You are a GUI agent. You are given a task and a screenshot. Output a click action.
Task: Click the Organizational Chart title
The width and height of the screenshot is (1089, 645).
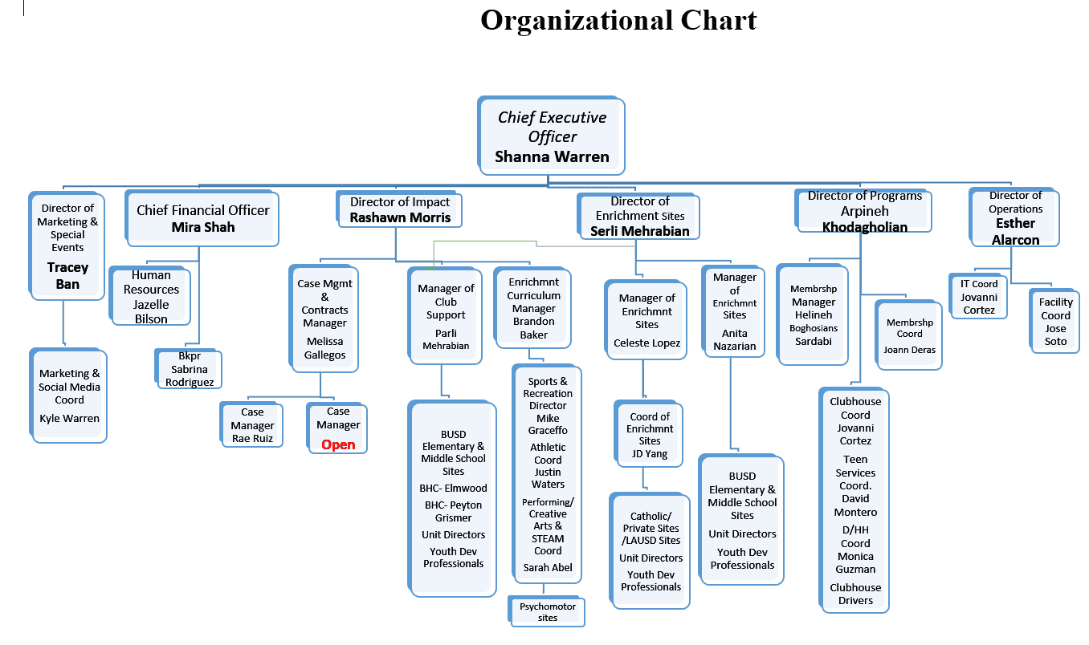[x=618, y=20]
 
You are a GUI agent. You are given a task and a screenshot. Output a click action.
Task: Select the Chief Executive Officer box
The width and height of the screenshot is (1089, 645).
[x=551, y=136]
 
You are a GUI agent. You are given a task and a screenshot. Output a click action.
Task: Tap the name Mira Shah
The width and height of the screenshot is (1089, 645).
[x=203, y=227]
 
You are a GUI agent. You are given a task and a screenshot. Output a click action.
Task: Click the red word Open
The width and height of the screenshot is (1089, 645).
[x=338, y=444]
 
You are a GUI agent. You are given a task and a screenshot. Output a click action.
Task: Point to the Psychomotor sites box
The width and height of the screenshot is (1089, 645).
[x=547, y=611]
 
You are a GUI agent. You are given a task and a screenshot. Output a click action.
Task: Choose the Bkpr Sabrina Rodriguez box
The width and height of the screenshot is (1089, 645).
[x=189, y=369]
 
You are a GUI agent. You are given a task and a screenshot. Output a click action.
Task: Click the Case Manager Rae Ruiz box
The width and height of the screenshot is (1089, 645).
[x=252, y=424]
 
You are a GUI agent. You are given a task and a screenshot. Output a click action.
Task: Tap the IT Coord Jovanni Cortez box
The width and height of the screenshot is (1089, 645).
[x=978, y=296]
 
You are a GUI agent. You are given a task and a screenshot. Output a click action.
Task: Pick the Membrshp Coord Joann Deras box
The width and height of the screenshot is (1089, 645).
[x=908, y=335]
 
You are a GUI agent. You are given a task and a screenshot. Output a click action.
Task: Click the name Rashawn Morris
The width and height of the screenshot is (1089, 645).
[x=400, y=217]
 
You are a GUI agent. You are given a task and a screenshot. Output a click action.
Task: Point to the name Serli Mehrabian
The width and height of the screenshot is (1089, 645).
[x=640, y=231]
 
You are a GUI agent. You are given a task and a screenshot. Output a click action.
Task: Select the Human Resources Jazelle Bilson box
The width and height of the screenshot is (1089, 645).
[x=150, y=296]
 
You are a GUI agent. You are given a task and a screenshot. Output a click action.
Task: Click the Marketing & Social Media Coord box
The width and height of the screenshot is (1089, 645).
[x=68, y=396]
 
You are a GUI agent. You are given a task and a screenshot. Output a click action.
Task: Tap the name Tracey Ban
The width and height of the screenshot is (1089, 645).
[x=67, y=276]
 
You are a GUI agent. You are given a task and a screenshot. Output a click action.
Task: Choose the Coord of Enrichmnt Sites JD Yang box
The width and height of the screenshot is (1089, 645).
[x=649, y=434]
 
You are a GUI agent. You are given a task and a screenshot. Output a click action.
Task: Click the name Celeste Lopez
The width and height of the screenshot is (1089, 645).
[x=646, y=343]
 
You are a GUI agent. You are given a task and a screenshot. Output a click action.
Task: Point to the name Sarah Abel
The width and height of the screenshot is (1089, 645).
[x=548, y=567]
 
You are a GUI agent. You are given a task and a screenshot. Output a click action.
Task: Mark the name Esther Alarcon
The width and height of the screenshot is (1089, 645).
[x=1015, y=232]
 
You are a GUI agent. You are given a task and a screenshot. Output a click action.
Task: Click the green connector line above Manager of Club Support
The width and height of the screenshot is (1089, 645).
[x=485, y=241]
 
